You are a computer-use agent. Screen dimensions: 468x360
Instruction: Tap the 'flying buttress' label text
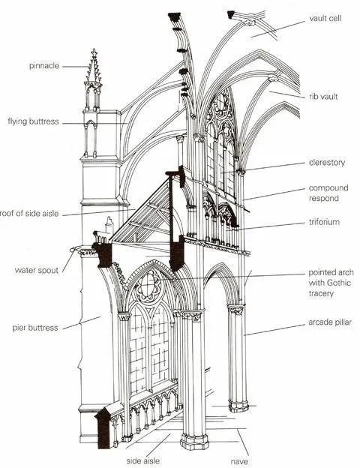[x=34, y=121]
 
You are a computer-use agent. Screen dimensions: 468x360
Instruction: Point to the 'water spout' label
[x=37, y=269]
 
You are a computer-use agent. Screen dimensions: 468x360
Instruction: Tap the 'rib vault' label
[x=324, y=96]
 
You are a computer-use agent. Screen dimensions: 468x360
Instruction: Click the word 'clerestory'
[x=326, y=162]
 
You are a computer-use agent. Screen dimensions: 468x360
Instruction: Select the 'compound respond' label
[x=328, y=193]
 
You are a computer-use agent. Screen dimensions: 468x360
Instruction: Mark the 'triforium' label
[x=325, y=223]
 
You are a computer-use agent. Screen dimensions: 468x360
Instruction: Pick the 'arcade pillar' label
[x=329, y=322]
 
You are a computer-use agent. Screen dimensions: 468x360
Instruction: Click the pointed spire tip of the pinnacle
[x=94, y=52]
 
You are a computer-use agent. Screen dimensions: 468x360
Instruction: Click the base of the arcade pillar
[x=238, y=405]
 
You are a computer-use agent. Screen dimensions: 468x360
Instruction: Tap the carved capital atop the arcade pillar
[x=236, y=309]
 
